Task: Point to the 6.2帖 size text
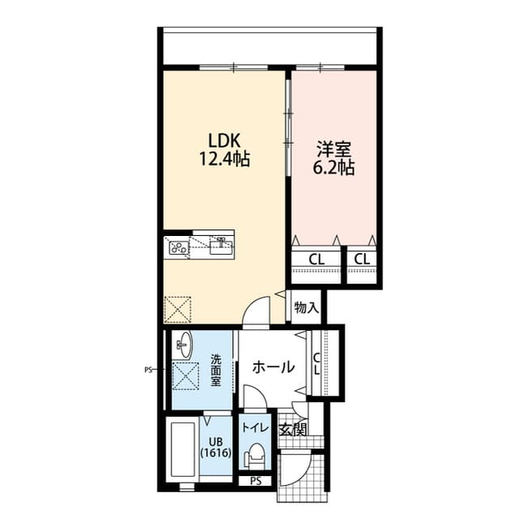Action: [x=333, y=169]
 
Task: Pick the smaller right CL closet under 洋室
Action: [x=362, y=259]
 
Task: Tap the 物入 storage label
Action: [x=306, y=307]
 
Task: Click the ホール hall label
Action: [x=274, y=367]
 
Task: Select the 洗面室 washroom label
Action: [x=216, y=370]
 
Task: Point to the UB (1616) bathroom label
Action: [x=216, y=448]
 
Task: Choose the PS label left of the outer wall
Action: [x=149, y=370]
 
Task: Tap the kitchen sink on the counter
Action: [x=220, y=244]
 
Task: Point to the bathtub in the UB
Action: [x=182, y=451]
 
